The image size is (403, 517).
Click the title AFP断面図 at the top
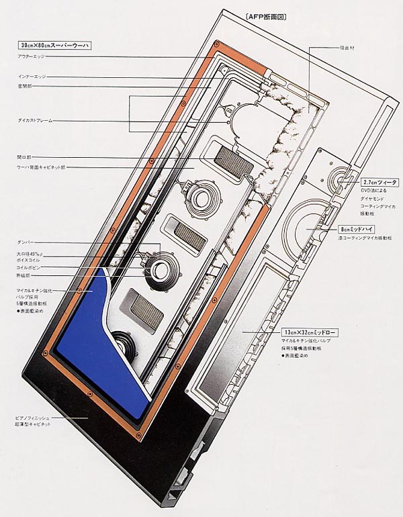[266, 18]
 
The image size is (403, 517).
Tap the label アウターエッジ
[31, 57]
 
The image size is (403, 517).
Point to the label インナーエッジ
[31, 77]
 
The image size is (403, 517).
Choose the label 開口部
[24, 156]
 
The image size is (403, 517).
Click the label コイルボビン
[29, 267]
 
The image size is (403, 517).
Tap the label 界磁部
[25, 275]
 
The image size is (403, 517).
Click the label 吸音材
[328, 49]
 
